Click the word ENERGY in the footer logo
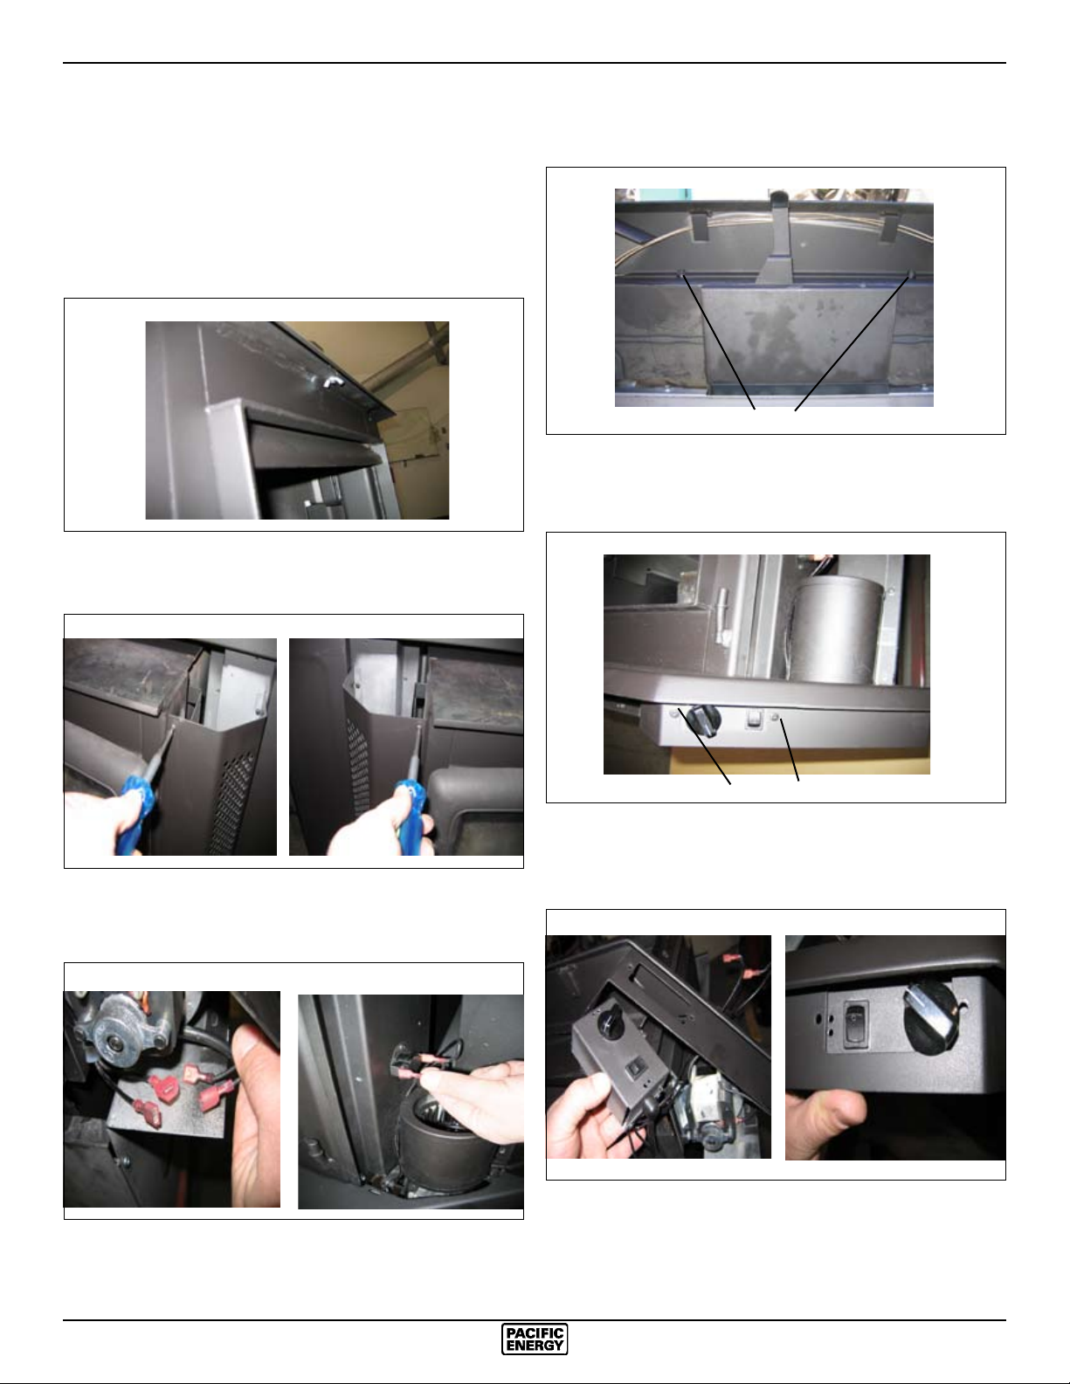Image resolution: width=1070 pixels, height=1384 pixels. click(x=535, y=1346)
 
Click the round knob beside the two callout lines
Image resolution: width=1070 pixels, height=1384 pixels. click(x=705, y=720)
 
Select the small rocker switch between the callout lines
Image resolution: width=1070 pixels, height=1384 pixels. click(x=756, y=719)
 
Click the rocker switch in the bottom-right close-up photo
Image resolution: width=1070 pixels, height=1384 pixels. click(x=855, y=1024)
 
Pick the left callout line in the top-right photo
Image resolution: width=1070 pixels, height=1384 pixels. click(x=718, y=341)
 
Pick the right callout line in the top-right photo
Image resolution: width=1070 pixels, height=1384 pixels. click(x=852, y=343)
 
